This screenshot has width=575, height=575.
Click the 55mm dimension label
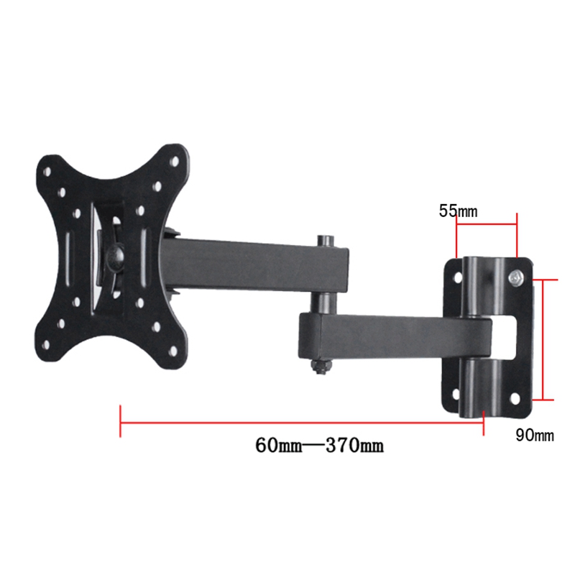tap(458, 211)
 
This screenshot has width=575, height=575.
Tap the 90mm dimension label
tap(535, 435)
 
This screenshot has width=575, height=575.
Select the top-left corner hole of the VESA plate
tap(47, 172)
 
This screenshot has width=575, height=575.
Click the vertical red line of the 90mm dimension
tap(543, 338)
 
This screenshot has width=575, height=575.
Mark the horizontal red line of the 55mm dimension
tap(486, 224)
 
